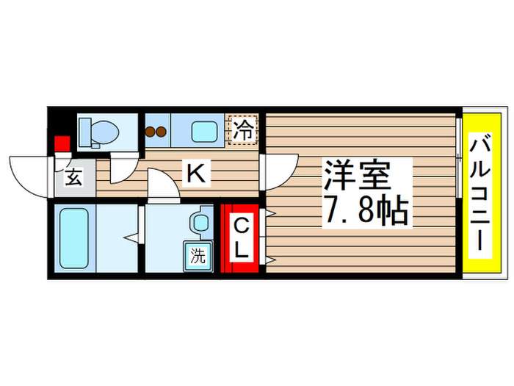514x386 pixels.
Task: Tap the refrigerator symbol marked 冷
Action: click(243, 131)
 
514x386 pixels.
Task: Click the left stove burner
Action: click(151, 132)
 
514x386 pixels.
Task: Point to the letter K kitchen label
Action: click(195, 174)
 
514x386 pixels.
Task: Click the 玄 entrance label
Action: click(75, 177)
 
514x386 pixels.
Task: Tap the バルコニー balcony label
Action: click(482, 194)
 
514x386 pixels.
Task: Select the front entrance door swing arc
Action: click(29, 173)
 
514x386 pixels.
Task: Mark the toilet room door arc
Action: click(122, 168)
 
